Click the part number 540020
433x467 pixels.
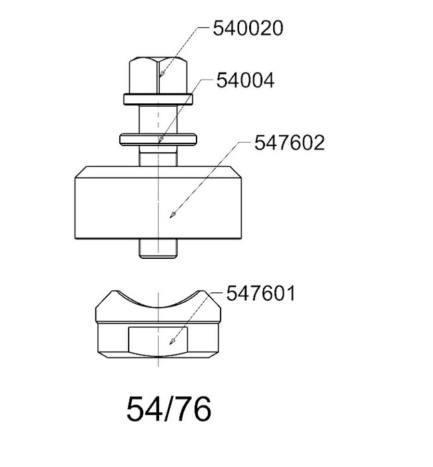coord(248,29)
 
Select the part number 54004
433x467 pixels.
coord(245,81)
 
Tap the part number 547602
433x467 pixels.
coord(289,142)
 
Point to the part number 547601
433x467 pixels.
coord(260,293)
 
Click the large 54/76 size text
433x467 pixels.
coord(169,409)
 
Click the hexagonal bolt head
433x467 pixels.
coord(159,75)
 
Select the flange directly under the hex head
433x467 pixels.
coord(159,99)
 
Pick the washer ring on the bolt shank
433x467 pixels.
coord(158,139)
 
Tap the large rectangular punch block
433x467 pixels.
coord(159,203)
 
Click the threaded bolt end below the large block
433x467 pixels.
coord(159,248)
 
